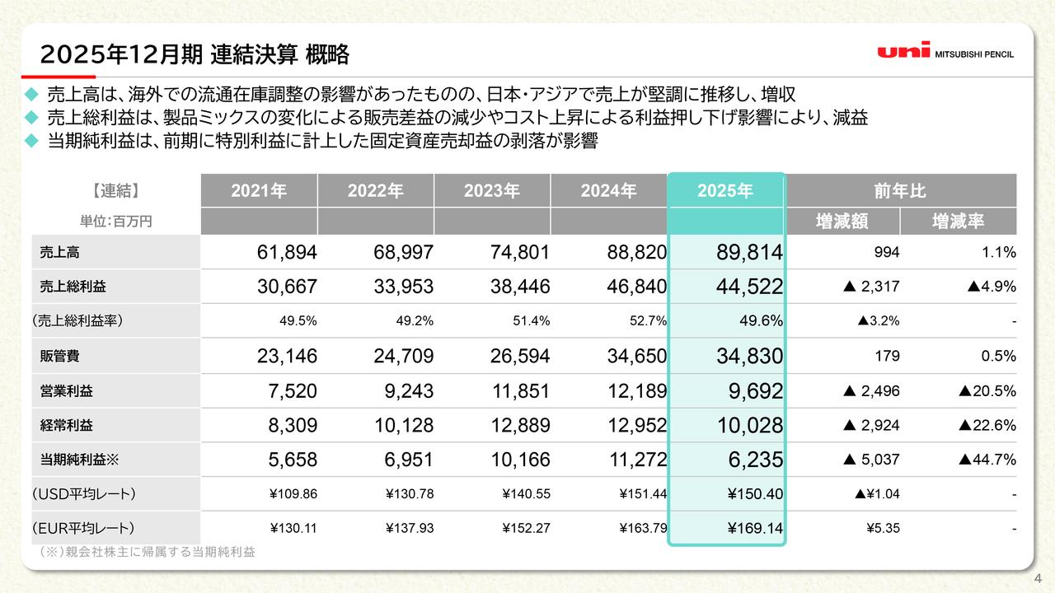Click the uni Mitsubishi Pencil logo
pyautogui.click(x=945, y=52)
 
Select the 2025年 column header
pyautogui.click(x=724, y=191)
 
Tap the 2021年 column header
pyautogui.click(x=259, y=191)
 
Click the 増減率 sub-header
pyautogui.click(x=958, y=221)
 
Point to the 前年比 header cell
pyautogui.click(x=900, y=191)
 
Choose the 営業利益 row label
pyautogui.click(x=66, y=391)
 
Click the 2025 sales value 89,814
pyautogui.click(x=749, y=253)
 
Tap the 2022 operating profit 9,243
pyautogui.click(x=409, y=391)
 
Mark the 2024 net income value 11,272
pyautogui.click(x=635, y=460)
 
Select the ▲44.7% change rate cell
pyautogui.click(x=987, y=460)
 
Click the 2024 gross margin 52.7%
pyautogui.click(x=648, y=321)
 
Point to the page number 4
pyautogui.click(x=1038, y=577)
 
